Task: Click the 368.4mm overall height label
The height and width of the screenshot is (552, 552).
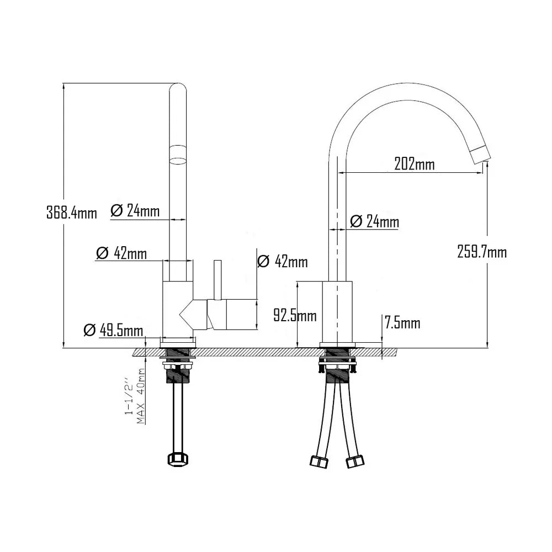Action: pos(71,212)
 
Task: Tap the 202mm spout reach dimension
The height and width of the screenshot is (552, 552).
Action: pos(414,164)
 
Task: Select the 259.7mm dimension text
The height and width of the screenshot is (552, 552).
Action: pos(482,252)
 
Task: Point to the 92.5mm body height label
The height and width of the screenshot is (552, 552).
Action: pos(295,316)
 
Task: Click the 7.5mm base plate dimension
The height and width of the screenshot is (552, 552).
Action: pos(402,323)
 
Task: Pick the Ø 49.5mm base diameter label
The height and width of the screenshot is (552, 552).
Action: pos(113,330)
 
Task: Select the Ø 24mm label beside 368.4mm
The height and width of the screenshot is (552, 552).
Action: pos(135,210)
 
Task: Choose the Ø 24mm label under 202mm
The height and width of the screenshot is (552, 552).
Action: pos(374,221)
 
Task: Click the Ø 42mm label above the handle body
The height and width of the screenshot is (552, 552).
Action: pos(283,262)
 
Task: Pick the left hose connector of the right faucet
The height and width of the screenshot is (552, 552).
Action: pos(320,461)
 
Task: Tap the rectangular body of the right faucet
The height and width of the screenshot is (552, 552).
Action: pos(337,312)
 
